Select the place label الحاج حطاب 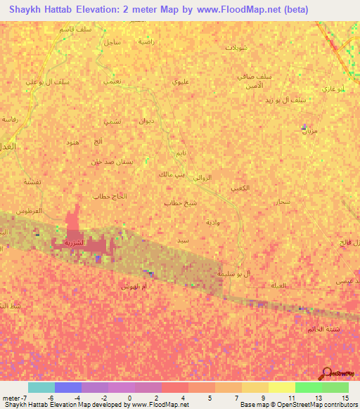(110, 197)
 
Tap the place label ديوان (146, 122)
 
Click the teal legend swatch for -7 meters (41, 387)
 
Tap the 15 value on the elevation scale (345, 398)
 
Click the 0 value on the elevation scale (131, 398)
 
